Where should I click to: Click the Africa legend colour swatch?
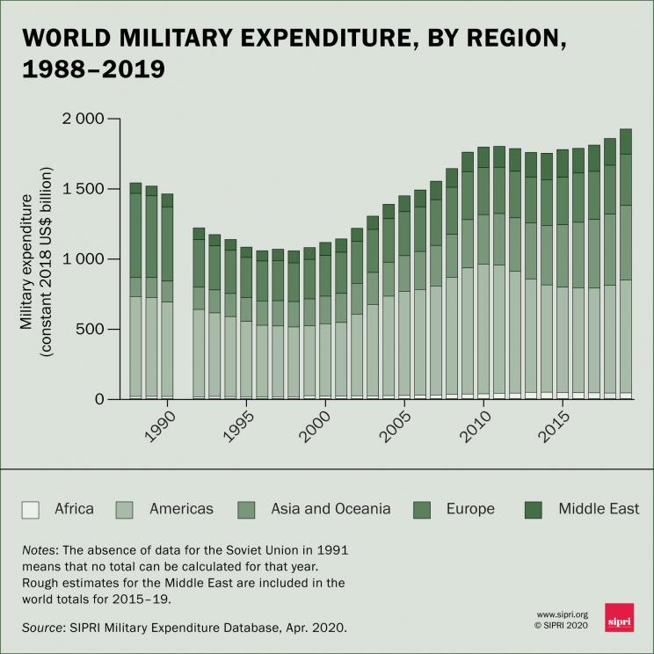pyautogui.click(x=31, y=509)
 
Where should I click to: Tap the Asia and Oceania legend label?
pyautogui.click(x=331, y=509)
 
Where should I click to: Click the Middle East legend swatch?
pyautogui.click(x=535, y=509)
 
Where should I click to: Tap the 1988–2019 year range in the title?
pyautogui.click(x=94, y=69)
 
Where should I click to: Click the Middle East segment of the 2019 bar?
pyautogui.click(x=626, y=142)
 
